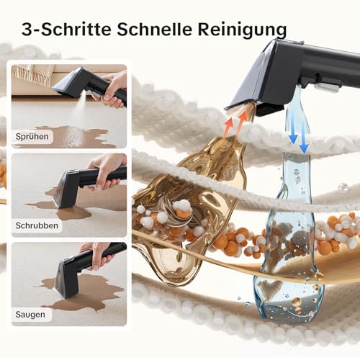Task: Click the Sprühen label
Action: tap(33, 136)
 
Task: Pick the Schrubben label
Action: tap(38, 225)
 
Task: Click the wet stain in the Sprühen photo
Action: tap(79, 135)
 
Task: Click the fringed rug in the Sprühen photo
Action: tap(32, 76)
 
